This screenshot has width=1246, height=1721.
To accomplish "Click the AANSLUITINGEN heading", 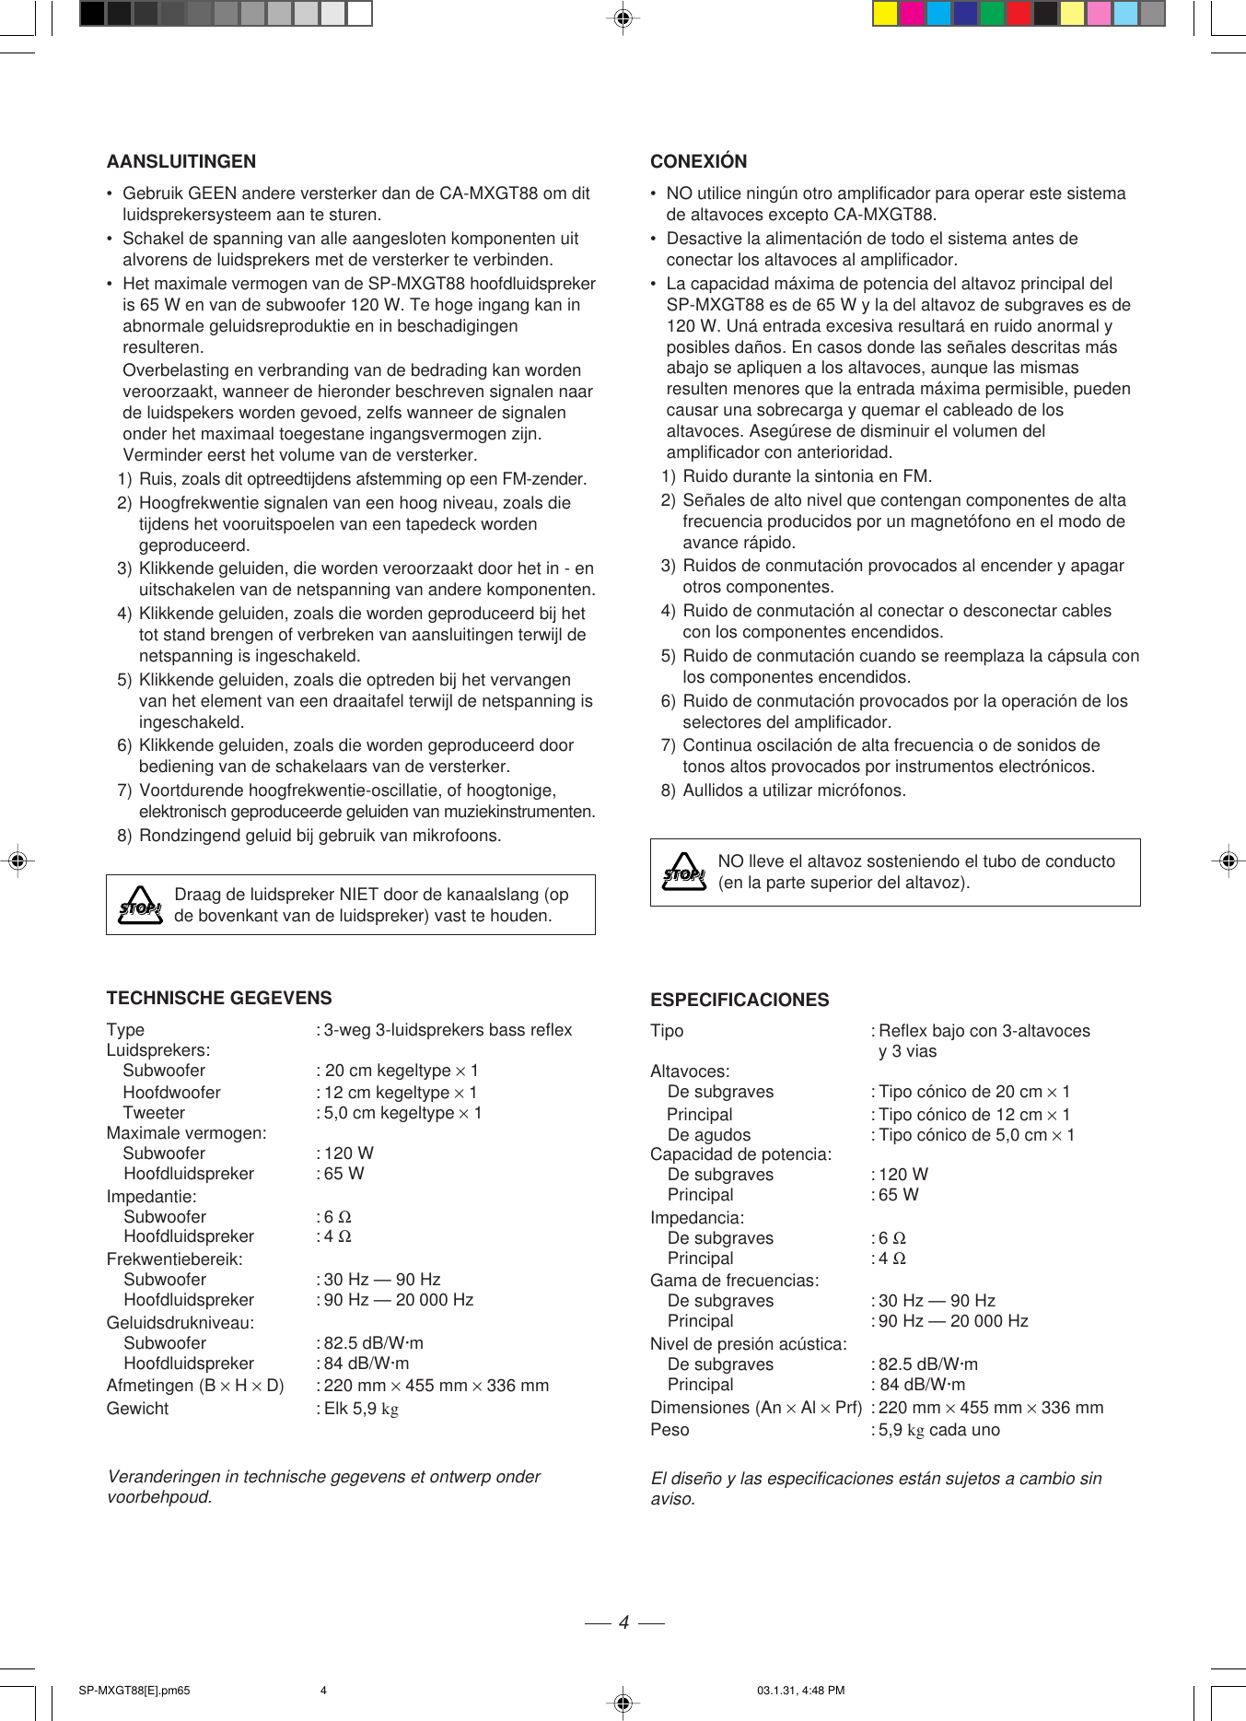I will [x=181, y=161].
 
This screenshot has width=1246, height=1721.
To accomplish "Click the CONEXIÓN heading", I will [x=698, y=161].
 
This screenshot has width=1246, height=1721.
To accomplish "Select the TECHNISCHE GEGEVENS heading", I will [x=219, y=998].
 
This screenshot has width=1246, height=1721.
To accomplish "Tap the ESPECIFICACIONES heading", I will [x=739, y=1000].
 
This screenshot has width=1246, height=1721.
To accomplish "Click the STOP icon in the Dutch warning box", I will [x=140, y=906].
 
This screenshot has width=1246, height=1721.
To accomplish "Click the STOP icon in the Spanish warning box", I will [x=684, y=872].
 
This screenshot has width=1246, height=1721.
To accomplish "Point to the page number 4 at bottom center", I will [x=623, y=1622].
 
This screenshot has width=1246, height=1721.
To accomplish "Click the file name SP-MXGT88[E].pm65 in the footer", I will [x=134, y=1691].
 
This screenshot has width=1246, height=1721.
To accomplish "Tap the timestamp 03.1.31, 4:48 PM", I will [x=800, y=1691].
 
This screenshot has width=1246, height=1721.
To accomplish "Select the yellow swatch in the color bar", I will [x=885, y=14].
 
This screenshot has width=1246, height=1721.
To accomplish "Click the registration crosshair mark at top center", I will [x=623, y=18].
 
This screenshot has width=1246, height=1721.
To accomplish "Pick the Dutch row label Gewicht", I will [x=137, y=1409].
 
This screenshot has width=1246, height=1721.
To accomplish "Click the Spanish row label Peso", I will [x=670, y=1430].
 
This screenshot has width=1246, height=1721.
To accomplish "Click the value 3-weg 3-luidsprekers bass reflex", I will [x=448, y=1030].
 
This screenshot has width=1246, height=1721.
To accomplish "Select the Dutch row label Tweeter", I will [x=154, y=1113].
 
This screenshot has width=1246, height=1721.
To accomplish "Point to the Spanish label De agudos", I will [x=709, y=1135].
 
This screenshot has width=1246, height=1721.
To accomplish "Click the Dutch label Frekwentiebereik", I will [x=174, y=1259].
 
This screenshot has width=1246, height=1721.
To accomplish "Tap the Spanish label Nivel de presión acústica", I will [x=748, y=1344].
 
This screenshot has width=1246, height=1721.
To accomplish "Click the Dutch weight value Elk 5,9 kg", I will [x=361, y=1409].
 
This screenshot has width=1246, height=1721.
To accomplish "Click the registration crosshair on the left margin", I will [x=17, y=860].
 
